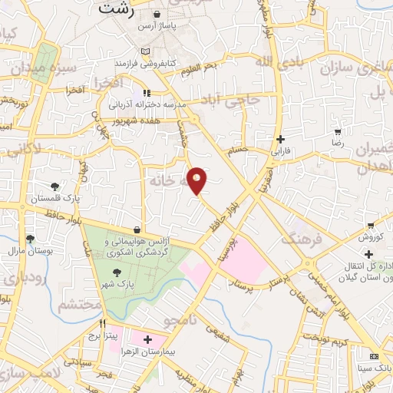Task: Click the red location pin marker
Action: point(197,180)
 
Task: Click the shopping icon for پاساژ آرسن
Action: point(157,15)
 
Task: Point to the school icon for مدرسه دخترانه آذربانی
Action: point(145,92)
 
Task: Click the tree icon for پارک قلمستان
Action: point(54,187)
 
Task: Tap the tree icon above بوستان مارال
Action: point(30,239)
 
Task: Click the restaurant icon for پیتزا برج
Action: point(102,323)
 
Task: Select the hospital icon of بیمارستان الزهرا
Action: point(146,339)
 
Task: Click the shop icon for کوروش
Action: point(370,226)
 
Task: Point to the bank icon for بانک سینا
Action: point(374,357)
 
